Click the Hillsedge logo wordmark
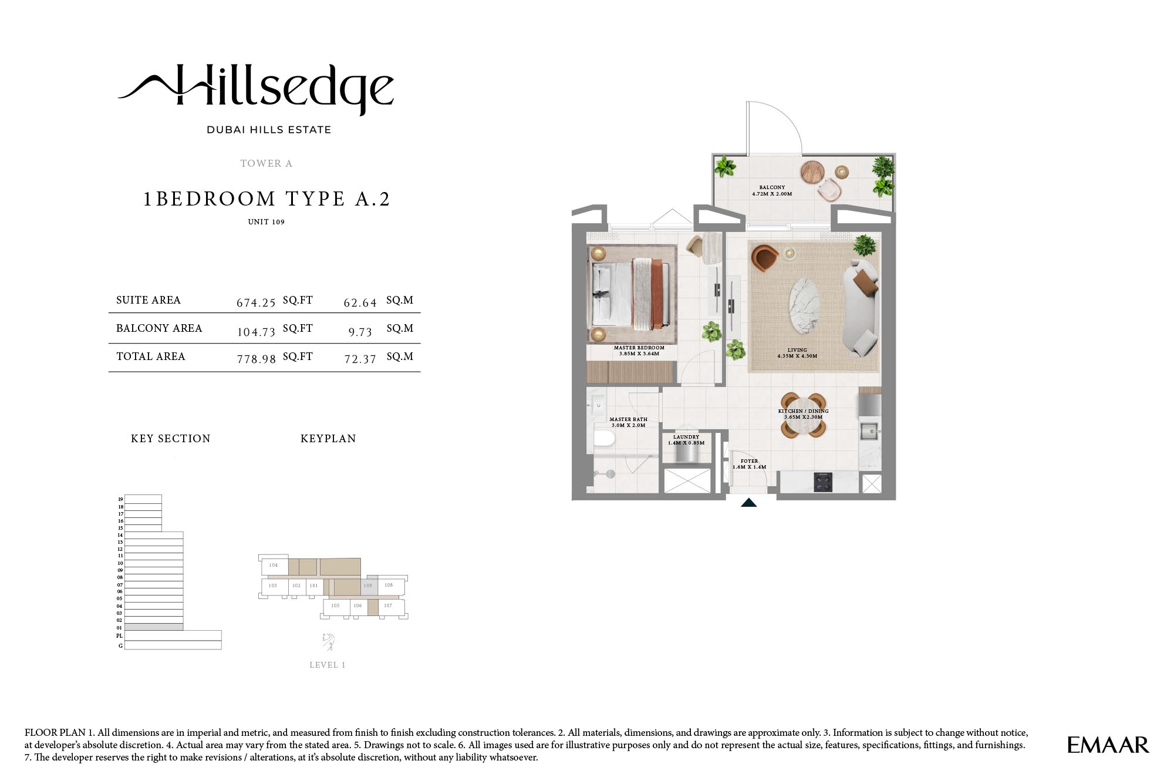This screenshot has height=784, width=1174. pyautogui.click(x=257, y=91)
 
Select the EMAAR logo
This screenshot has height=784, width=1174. pyautogui.click(x=1108, y=745)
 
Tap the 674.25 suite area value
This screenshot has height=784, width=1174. pyautogui.click(x=256, y=303)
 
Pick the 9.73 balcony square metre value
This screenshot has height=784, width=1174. pyautogui.click(x=360, y=332)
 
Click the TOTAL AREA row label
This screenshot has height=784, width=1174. pyautogui.click(x=151, y=356)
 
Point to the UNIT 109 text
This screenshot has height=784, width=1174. pyautogui.click(x=266, y=222)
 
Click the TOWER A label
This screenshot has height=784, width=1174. pyautogui.click(x=266, y=164)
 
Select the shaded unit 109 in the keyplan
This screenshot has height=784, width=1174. pyautogui.click(x=368, y=586)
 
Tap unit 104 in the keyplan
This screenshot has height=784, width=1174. pyautogui.click(x=274, y=566)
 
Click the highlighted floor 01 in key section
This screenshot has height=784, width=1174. pyautogui.click(x=154, y=627)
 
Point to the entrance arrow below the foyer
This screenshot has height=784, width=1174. pyautogui.click(x=748, y=503)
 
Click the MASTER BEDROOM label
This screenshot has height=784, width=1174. pyautogui.click(x=639, y=348)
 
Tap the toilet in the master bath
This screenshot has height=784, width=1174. pyautogui.click(x=603, y=438)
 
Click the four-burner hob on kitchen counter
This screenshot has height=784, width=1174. pyautogui.click(x=823, y=482)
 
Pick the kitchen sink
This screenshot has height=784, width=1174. pyautogui.click(x=869, y=431)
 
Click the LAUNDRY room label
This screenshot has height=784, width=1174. pyautogui.click(x=686, y=438)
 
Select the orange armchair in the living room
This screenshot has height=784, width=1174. pyautogui.click(x=765, y=259)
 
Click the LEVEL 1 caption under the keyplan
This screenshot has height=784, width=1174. pyautogui.click(x=328, y=665)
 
